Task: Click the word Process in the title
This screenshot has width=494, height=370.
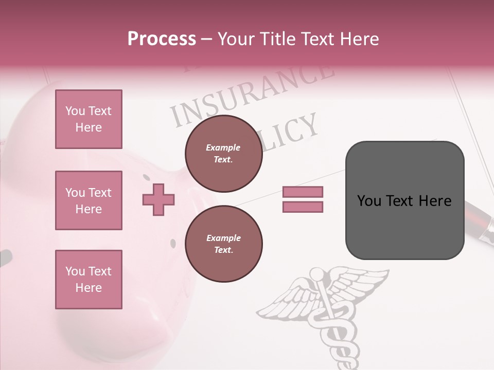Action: point(162,39)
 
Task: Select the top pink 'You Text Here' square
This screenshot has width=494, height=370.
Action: point(89,119)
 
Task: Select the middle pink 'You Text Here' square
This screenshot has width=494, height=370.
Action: point(89,200)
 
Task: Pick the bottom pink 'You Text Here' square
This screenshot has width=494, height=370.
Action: point(89,280)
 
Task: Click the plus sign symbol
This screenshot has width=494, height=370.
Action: point(158,199)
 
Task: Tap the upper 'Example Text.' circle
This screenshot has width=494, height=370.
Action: point(223,153)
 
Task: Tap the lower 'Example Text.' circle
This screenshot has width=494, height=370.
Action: point(223,244)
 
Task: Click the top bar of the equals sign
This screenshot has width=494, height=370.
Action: point(303,192)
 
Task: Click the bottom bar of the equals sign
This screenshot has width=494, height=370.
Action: point(303,207)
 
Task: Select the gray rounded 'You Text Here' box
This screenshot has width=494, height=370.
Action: point(404,200)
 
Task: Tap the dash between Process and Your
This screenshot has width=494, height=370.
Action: point(207,39)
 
